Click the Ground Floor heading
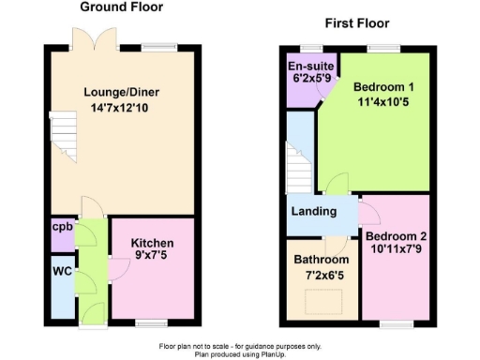(121, 7)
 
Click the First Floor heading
(356, 23)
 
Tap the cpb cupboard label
(63, 227)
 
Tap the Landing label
(314, 211)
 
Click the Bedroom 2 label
(396, 235)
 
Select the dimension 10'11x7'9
(396, 250)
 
